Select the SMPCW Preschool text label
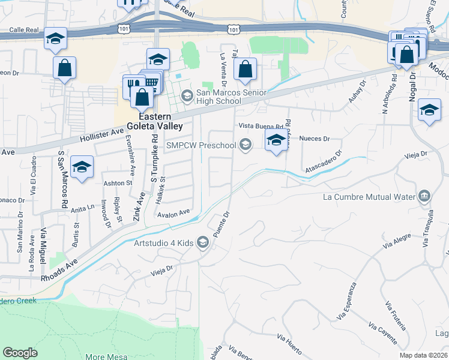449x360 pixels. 200,145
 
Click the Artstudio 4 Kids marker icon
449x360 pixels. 203,242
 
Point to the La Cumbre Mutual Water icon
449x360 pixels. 424,196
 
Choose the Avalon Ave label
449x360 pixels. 173,212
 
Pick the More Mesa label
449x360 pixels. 104,356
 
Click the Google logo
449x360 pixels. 20,353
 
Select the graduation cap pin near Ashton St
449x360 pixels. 82,166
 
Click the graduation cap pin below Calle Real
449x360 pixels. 55,39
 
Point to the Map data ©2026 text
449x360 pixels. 423,355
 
